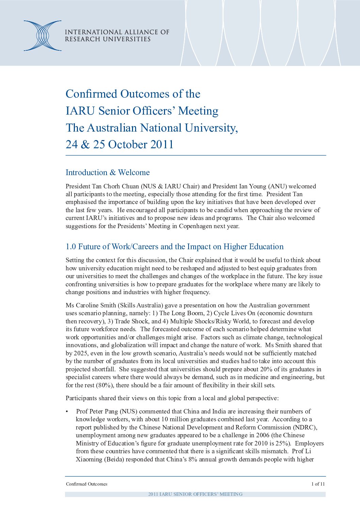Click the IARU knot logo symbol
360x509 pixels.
43,36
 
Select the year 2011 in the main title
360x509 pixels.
162,145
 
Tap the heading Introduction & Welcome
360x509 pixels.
108,172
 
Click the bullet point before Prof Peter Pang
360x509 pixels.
67,411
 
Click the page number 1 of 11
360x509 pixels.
318,484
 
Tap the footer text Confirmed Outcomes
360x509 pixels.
86,484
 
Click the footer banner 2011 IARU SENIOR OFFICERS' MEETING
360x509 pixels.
195,494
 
